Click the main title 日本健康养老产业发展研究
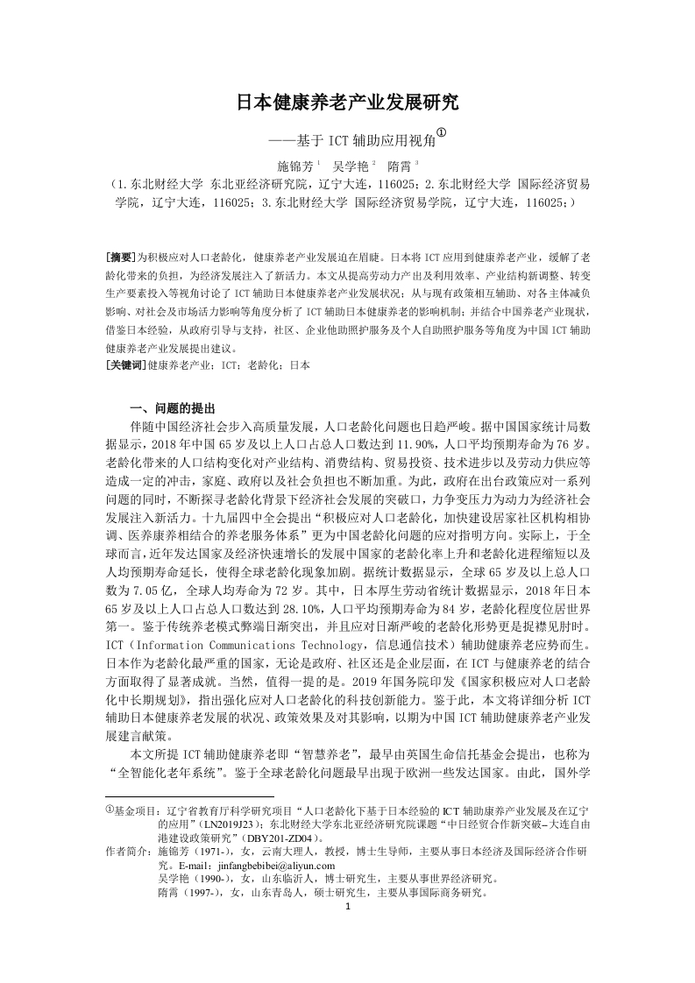pos(347,103)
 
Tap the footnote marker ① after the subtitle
pos(441,133)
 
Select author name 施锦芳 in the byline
pos(294,165)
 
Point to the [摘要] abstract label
pos(120,258)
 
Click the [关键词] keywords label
pos(126,364)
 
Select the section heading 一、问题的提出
pos(170,408)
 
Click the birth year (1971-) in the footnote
pos(213,852)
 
